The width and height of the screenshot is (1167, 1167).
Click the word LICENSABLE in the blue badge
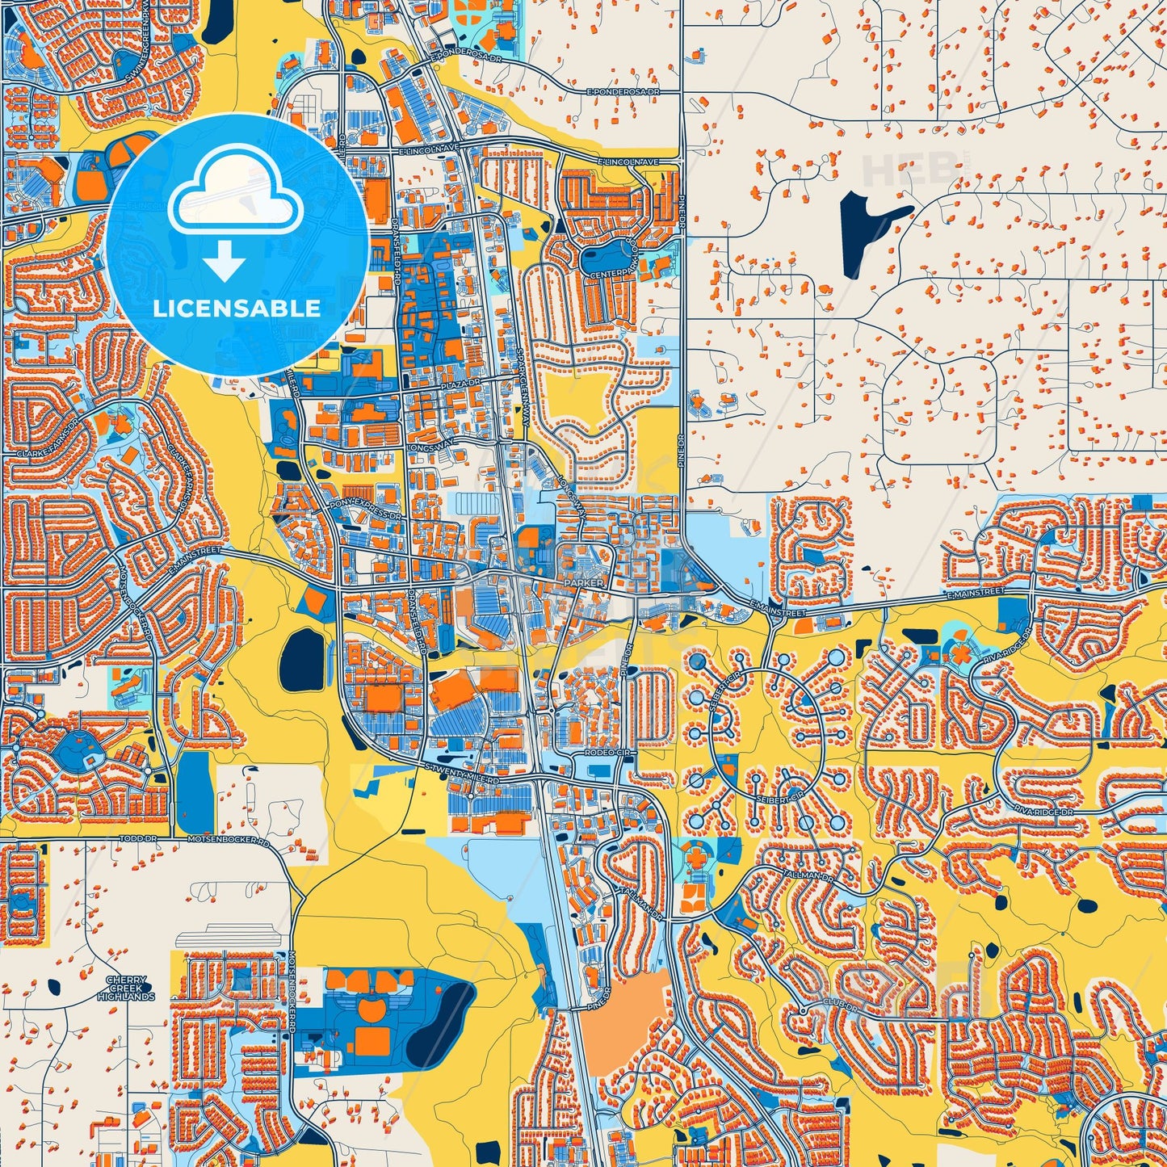coord(237,309)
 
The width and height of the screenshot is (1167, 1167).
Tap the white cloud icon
coord(236,194)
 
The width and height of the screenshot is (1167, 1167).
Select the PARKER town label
coord(585,581)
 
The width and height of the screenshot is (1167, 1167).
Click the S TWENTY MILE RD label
coord(463,774)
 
